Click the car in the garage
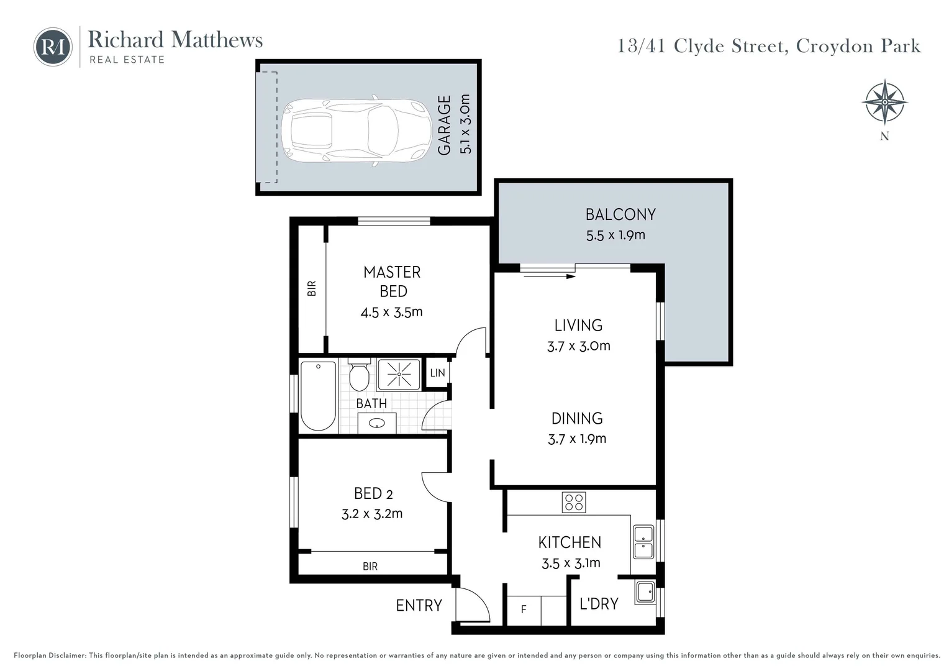click(x=356, y=131)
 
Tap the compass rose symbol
click(x=884, y=103)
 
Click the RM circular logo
click(x=53, y=47)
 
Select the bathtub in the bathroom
click(x=318, y=396)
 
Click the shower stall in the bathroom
click(x=399, y=374)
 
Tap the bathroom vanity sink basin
click(x=376, y=424)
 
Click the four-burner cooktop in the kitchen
click(x=573, y=502)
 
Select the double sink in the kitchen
click(x=643, y=542)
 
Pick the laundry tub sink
click(x=645, y=592)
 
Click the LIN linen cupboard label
click(x=437, y=373)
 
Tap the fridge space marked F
click(x=524, y=609)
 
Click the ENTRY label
click(x=419, y=605)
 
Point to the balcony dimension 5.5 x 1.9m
click(x=615, y=235)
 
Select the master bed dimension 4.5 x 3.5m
click(x=391, y=312)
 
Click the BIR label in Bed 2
click(x=370, y=566)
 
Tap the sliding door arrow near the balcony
click(x=549, y=276)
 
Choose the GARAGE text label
click(x=444, y=125)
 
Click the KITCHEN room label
click(x=570, y=542)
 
